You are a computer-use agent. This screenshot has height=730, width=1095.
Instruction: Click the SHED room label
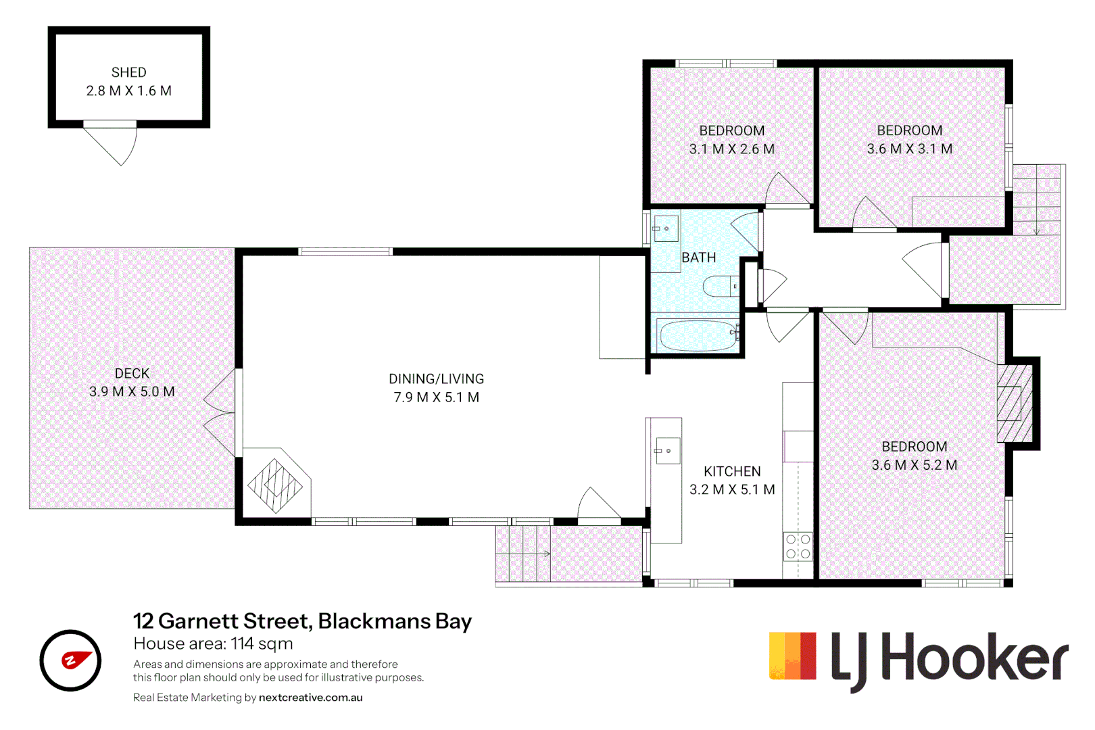[x=128, y=72]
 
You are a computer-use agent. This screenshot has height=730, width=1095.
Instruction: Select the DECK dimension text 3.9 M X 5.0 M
[x=132, y=391]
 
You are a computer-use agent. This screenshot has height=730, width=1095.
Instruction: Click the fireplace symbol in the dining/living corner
[x=275, y=485]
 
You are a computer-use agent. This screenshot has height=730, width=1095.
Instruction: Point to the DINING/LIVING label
[x=436, y=379]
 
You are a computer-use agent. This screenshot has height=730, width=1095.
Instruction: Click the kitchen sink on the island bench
[x=667, y=450]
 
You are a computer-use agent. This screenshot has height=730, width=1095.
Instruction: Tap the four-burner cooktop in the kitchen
[x=798, y=547]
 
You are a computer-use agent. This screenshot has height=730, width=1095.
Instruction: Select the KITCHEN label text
[x=732, y=471]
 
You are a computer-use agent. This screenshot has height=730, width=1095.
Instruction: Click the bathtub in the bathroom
[x=699, y=336]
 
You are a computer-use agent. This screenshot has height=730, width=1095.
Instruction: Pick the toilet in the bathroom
[x=721, y=286]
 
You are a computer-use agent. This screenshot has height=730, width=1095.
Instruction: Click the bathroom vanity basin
[x=666, y=228]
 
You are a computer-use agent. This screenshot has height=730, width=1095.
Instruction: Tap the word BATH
[x=698, y=258]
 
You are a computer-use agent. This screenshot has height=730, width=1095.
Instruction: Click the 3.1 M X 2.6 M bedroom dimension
[x=732, y=149]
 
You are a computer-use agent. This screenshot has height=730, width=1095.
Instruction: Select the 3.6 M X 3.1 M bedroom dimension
[x=910, y=149]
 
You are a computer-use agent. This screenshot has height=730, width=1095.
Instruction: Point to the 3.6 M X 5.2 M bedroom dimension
[x=914, y=464]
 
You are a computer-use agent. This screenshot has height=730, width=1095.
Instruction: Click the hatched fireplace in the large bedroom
[x=1015, y=404]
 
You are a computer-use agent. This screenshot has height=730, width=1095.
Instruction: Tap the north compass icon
[x=70, y=660]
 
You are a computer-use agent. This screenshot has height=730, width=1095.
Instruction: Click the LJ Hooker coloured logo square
[x=792, y=656]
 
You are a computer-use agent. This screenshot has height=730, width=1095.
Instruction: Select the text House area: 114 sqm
[x=213, y=643]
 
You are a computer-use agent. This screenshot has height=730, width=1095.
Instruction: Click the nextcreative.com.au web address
[x=310, y=698]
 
